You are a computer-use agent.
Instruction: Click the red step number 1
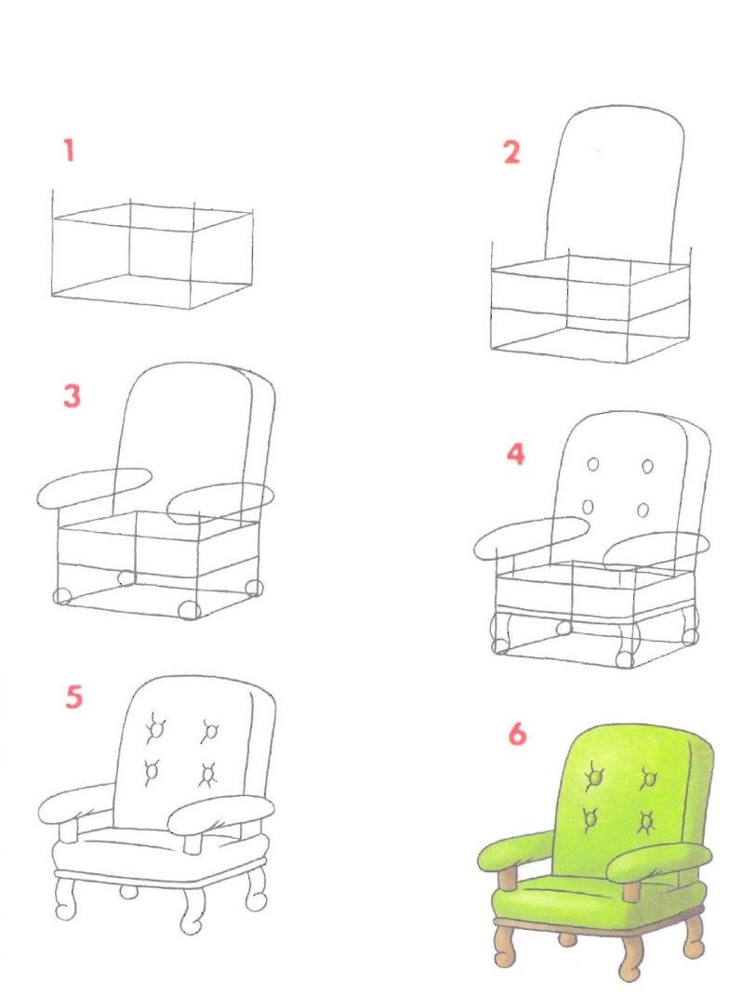coord(69,151)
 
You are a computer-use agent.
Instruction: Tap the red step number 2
coord(511,153)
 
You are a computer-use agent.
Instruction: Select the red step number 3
coord(72,395)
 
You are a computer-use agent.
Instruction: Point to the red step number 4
coord(515,455)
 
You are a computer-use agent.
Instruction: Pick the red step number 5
coord(73,696)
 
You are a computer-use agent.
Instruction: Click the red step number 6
coord(517,734)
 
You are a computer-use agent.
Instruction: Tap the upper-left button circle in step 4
coord(593,465)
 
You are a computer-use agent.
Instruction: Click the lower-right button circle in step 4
coord(643,511)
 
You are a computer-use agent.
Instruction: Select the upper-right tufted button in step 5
coord(210,731)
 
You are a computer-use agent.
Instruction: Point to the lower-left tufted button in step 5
coord(152,772)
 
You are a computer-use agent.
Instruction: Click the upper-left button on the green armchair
coord(595,776)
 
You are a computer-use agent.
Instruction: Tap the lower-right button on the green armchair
coord(647,822)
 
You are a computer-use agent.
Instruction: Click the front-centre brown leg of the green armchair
coord(631,958)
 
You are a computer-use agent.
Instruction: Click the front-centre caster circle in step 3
coord(189,610)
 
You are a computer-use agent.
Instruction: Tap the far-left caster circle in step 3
coord(62,596)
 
